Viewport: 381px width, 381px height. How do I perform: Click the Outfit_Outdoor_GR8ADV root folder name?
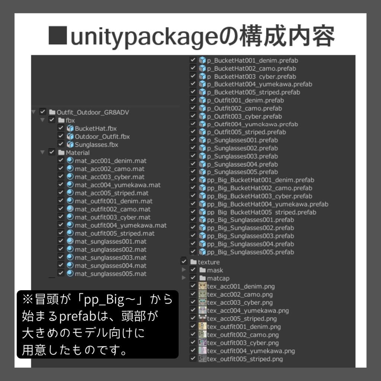coord(93,112)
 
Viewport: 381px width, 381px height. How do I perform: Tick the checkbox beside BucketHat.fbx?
coord(61,128)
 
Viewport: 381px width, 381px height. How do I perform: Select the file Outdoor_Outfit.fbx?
coord(102,137)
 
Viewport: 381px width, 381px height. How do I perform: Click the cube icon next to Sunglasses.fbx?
coord(70,145)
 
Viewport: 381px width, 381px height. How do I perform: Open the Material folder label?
coord(77,153)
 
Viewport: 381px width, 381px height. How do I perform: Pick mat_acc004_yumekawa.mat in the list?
coord(118,185)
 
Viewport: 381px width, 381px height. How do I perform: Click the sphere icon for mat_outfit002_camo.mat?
coord(70,209)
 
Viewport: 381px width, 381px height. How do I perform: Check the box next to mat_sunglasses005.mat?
coord(61,273)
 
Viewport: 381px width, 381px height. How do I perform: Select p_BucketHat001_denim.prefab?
coord(253,61)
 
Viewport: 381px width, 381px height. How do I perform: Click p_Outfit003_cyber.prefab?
coord(244,116)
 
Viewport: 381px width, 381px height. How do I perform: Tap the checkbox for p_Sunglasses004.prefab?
coord(193,164)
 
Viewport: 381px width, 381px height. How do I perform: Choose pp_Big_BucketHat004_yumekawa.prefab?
coord(268,204)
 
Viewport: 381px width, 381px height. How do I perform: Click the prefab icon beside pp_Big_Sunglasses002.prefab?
coord(202,228)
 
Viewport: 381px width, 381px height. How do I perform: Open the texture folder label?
coord(209,262)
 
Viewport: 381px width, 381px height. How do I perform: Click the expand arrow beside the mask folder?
coord(184,270)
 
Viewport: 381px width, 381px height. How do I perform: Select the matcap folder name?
coord(218,278)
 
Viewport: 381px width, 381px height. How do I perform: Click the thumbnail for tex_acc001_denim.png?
coord(202,286)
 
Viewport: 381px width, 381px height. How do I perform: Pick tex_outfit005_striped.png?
coord(245,359)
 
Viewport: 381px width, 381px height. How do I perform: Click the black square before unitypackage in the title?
coord(58,35)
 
